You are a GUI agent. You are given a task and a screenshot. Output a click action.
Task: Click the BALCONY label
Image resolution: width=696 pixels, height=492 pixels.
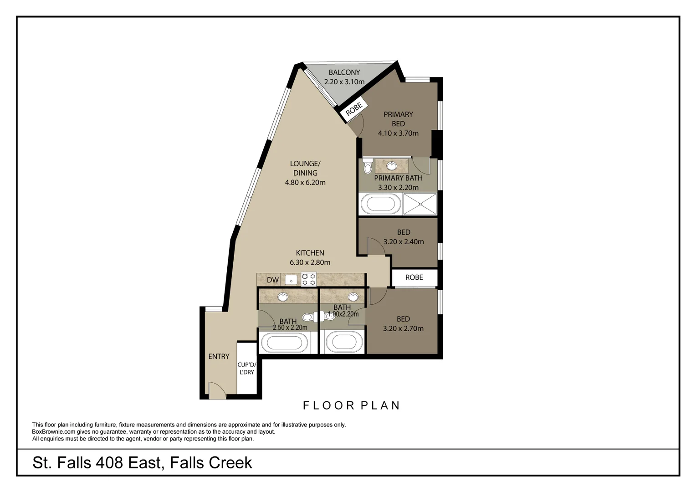click(344, 72)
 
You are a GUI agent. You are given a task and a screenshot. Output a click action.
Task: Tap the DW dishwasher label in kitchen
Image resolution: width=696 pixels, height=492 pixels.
click(273, 280)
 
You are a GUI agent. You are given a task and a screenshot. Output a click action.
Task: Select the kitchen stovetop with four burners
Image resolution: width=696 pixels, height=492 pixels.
click(308, 279)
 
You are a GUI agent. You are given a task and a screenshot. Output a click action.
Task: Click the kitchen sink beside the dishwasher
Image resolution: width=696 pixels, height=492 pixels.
click(291, 280)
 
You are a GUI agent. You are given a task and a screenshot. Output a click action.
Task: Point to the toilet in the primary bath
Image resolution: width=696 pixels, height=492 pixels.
click(368, 166)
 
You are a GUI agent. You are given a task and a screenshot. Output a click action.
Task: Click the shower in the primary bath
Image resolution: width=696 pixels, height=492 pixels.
click(420, 204)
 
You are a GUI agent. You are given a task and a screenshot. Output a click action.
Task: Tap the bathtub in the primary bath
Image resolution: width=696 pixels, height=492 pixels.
click(381, 204)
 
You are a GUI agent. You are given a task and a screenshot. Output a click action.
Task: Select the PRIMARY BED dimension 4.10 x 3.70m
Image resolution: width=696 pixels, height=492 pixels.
click(398, 133)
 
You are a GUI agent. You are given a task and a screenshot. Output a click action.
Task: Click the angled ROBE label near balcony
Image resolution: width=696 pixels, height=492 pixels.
click(354, 109)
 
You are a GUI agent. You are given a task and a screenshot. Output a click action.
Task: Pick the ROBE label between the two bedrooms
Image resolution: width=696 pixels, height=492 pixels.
click(414, 277)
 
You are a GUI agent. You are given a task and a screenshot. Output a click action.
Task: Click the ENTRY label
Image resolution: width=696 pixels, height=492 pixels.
click(219, 357)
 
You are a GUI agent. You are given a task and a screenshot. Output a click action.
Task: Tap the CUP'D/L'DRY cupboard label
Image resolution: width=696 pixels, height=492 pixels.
click(247, 368)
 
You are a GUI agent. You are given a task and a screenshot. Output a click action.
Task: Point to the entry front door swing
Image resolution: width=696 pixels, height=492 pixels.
click(217, 390)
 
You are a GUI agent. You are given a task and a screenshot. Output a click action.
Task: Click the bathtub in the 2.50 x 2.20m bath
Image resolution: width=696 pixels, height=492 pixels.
click(285, 343)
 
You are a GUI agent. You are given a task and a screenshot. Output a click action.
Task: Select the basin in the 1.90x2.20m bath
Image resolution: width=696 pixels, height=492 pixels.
click(353, 297)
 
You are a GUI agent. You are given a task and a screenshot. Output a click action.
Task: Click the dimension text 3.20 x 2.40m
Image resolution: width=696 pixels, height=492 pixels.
click(403, 242)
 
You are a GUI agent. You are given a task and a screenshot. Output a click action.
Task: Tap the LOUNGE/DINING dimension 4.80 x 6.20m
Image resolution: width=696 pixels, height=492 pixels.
click(305, 182)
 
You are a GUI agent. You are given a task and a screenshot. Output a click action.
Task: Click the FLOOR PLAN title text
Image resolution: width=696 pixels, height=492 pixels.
click(352, 405)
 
